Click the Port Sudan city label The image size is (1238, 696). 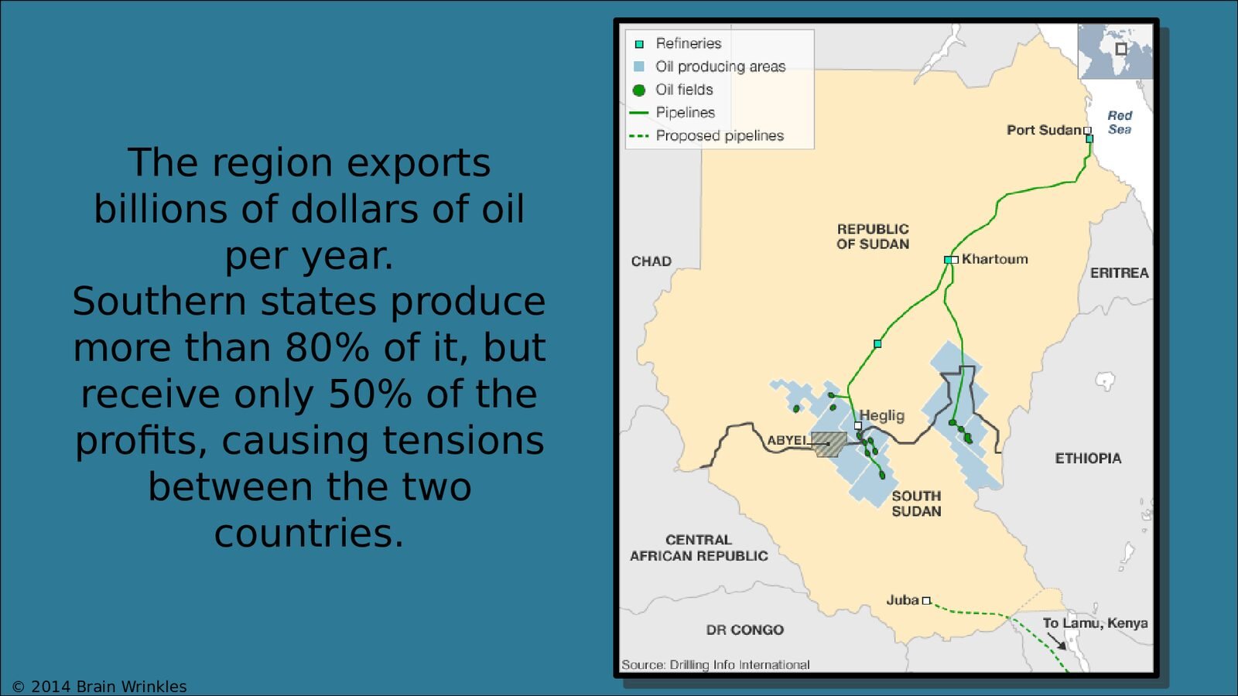1044,131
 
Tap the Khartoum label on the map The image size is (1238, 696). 995,259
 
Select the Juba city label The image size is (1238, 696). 902,600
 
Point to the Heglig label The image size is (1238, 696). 882,415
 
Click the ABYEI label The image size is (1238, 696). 786,440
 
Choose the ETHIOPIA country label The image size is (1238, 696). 1088,459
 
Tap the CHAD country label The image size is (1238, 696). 651,261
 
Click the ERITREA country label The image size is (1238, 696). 1119,273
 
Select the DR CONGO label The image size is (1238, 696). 745,629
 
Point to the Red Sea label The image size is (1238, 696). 1120,123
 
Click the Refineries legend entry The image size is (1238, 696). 678,43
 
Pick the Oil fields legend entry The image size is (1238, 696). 672,90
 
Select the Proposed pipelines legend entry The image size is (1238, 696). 707,136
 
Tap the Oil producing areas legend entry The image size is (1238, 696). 709,67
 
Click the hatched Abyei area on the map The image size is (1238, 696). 829,445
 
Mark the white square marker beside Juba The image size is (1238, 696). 926,600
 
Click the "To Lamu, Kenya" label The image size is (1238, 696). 1096,623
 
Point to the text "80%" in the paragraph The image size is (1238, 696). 327,347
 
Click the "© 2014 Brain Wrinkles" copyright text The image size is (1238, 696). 100,687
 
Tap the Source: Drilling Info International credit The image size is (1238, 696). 715,664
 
